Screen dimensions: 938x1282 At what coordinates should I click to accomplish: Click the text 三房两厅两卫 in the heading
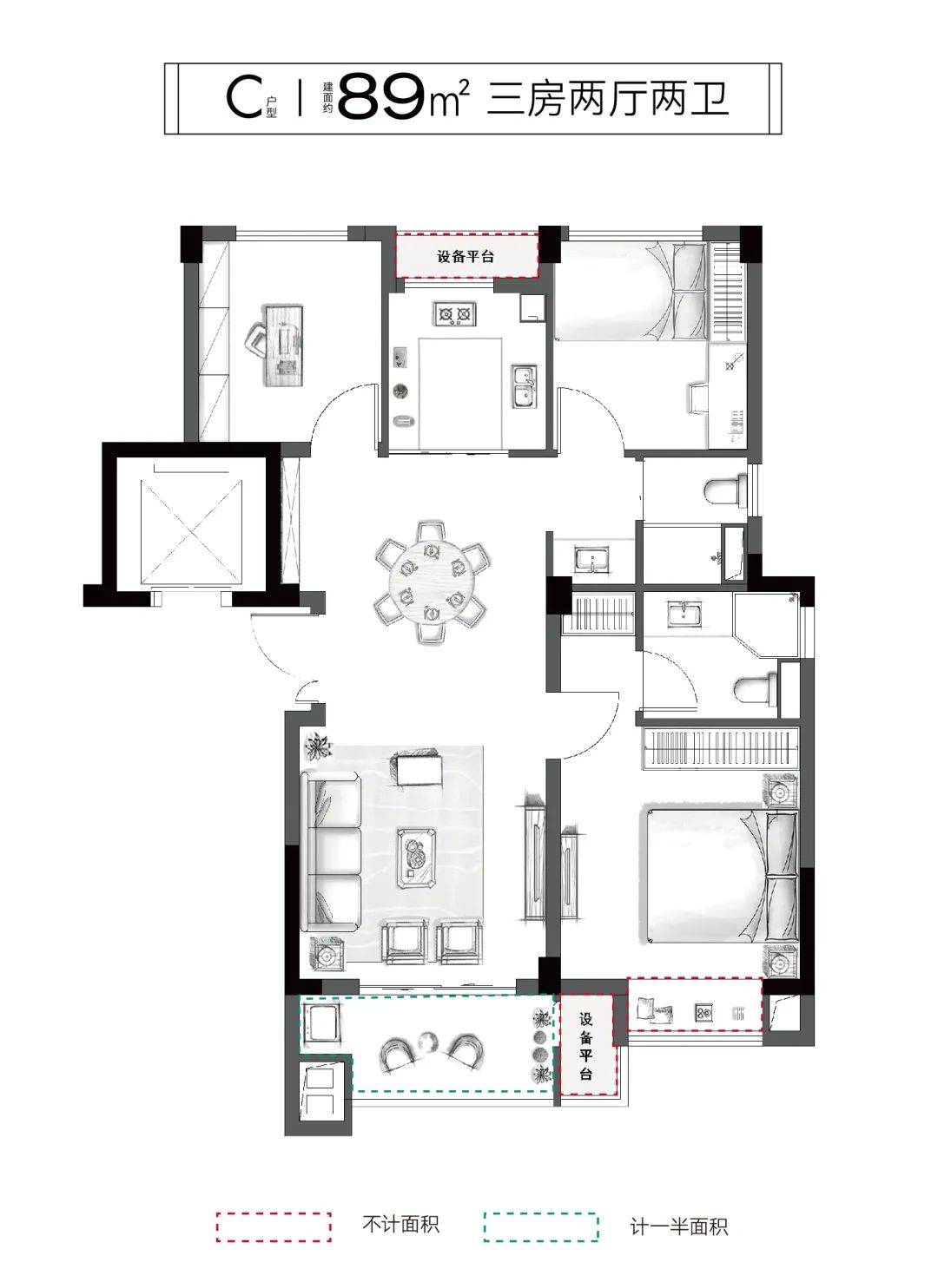pyautogui.click(x=608, y=99)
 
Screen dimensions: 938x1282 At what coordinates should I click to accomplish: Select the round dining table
pyautogui.click(x=431, y=581)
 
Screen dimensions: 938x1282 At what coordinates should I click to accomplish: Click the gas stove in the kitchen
pyautogui.click(x=456, y=313)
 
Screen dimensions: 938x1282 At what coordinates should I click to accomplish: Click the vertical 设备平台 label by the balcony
pyautogui.click(x=585, y=1046)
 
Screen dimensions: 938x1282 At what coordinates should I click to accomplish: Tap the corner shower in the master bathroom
pyautogui.click(x=766, y=624)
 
